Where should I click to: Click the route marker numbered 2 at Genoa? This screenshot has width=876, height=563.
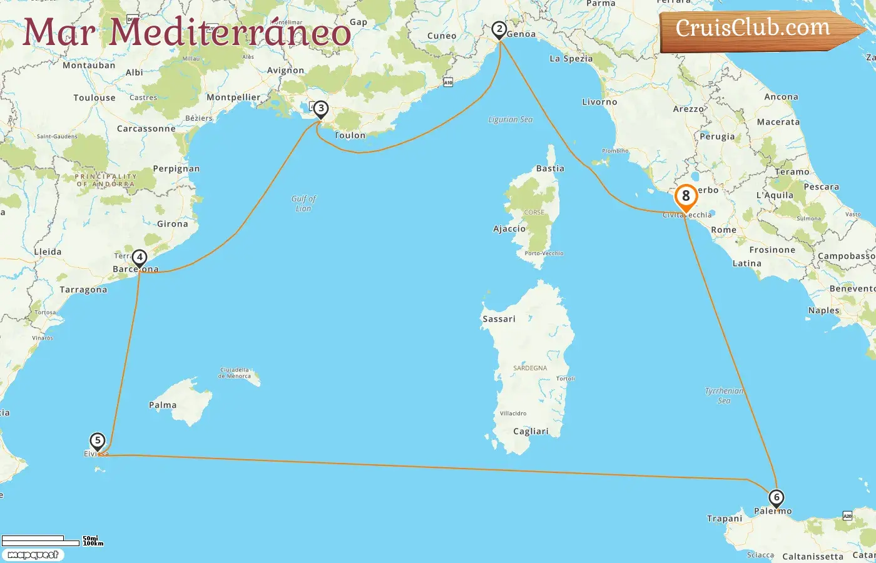[x=499, y=29]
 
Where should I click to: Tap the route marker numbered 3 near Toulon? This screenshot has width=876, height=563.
[x=320, y=109]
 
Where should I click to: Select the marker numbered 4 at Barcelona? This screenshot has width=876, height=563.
[x=140, y=257]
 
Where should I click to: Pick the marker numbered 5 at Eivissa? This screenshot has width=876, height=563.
[x=98, y=440]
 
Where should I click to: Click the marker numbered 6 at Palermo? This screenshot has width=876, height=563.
[x=776, y=498]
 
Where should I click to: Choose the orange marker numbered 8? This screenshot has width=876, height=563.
[x=686, y=196]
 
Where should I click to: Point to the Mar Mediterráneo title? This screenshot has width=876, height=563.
[x=186, y=33]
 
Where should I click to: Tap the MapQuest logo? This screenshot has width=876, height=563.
[x=33, y=555]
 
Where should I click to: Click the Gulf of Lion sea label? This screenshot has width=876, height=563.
[x=303, y=203]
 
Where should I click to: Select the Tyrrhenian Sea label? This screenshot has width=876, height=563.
[x=725, y=395]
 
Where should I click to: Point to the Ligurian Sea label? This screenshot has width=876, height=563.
[x=511, y=119]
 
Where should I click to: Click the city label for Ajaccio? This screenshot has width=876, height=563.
[x=509, y=229]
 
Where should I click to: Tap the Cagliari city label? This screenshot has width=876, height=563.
[x=531, y=432]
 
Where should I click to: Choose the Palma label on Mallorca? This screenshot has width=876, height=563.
[x=163, y=405]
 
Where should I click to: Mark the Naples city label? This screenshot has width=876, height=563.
[x=823, y=311]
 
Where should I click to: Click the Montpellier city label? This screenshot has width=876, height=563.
[x=233, y=98]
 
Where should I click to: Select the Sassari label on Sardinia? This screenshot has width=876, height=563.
[x=499, y=319]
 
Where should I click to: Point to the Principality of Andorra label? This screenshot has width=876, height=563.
[x=105, y=180]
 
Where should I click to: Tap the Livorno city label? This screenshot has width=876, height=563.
[x=599, y=102]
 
